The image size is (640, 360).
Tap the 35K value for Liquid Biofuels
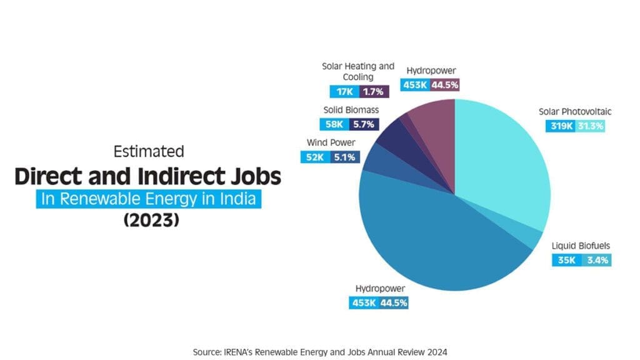click(x=566, y=260)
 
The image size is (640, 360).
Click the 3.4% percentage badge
click(x=596, y=260)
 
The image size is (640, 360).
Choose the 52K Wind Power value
click(x=315, y=157)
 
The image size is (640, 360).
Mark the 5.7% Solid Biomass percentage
click(x=363, y=124)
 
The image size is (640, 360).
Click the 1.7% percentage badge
click(x=374, y=92)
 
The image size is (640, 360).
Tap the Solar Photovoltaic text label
click(x=575, y=112)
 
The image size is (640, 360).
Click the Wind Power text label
click(x=331, y=142)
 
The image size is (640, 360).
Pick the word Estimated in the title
click(x=149, y=151)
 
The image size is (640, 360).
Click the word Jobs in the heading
click(x=252, y=177)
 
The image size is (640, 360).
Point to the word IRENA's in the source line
click(x=238, y=352)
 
